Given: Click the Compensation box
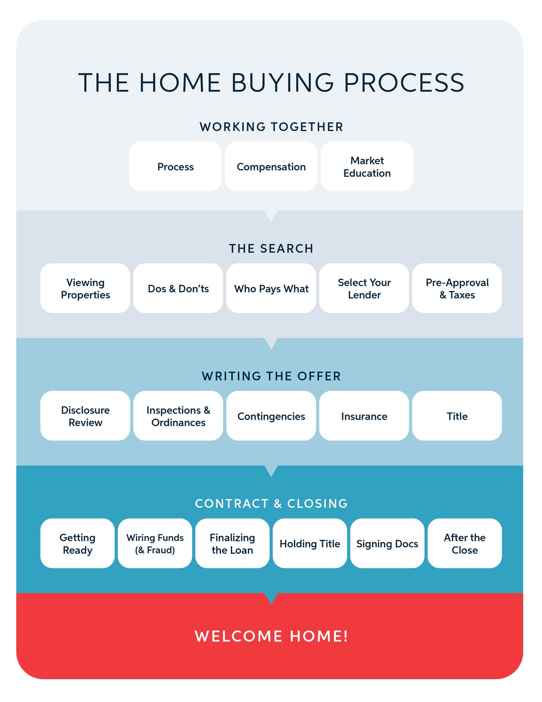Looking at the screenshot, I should (271, 167).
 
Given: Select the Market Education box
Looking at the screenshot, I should (367, 167).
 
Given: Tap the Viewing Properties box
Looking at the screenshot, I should (85, 288).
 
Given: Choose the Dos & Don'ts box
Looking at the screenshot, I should (178, 288).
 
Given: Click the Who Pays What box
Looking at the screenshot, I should (271, 288).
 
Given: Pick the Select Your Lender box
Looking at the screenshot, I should (364, 288).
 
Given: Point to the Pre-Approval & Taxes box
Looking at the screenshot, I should (457, 288).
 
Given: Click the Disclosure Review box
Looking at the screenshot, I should (85, 416).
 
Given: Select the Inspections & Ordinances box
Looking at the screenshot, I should (178, 416).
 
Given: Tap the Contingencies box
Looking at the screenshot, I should (271, 416).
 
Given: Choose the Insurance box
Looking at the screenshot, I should (364, 416).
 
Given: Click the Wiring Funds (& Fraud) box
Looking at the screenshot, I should (155, 543).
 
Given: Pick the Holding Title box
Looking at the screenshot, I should (310, 543).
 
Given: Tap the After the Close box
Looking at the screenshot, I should (465, 543).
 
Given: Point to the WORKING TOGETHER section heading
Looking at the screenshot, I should (271, 127).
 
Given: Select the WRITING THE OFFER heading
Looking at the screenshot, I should (271, 376).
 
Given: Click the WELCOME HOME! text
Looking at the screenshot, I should (271, 636).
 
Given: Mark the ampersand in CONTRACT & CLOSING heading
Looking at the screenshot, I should (278, 504).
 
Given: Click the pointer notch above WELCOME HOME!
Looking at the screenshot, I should (271, 598).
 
